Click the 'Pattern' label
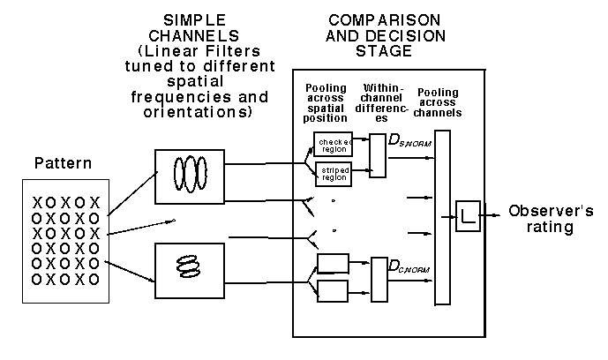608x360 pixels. pyautogui.click(x=57, y=164)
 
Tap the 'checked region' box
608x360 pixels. pyautogui.click(x=333, y=144)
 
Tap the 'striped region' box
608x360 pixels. pyautogui.click(x=333, y=174)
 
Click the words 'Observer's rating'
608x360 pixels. pyautogui.click(x=552, y=220)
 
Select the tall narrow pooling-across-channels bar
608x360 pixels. pyautogui.click(x=443, y=216)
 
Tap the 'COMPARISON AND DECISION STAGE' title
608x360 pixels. pyautogui.click(x=370, y=36)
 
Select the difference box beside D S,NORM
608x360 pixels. pyautogui.click(x=378, y=156)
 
